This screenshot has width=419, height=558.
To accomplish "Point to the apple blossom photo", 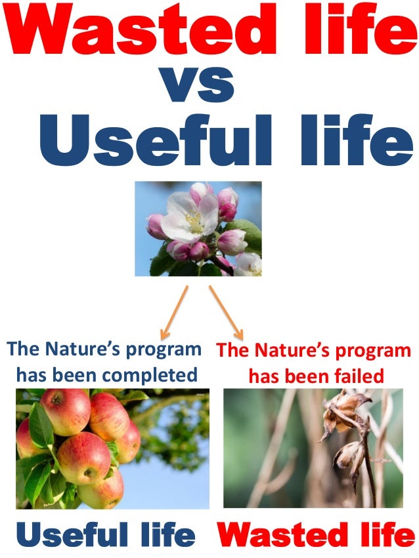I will (x=198, y=228).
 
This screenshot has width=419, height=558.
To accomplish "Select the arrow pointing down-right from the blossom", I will (x=226, y=311).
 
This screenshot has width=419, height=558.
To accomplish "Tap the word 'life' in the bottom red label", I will (x=387, y=536).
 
